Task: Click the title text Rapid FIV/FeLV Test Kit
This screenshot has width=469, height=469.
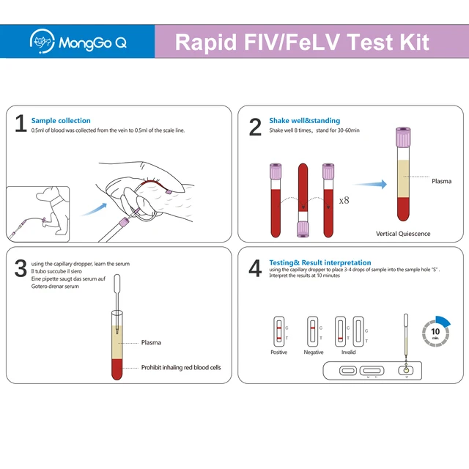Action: point(302,41)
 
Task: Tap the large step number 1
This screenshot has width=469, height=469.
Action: point(21,125)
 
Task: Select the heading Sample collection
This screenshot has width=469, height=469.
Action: point(61,120)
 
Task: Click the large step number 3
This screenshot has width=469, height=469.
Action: point(21,268)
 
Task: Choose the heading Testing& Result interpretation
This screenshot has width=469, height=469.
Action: point(320,262)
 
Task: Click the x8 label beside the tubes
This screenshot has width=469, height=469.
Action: point(345,199)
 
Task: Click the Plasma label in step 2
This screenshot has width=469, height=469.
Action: point(441,180)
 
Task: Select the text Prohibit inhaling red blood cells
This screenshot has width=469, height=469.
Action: point(180,368)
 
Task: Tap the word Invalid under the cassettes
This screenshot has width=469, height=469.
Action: point(348,352)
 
